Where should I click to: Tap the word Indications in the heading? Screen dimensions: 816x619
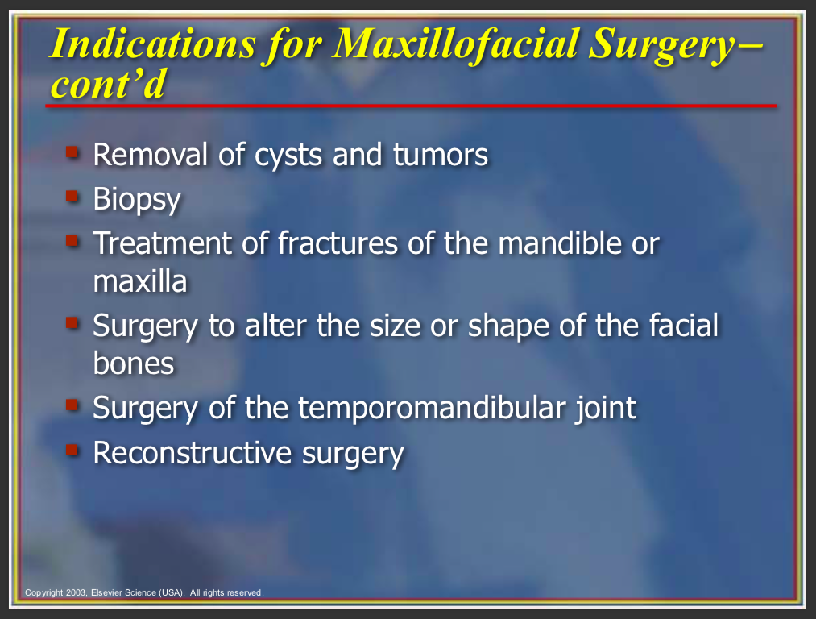coord(153,44)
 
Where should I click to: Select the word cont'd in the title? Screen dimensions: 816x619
coord(108,84)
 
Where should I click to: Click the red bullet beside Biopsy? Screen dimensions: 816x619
coord(72,197)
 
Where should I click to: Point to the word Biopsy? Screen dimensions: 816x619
coord(137,200)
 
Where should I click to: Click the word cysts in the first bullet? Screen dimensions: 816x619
coord(288,155)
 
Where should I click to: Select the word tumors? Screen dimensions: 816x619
coord(441,155)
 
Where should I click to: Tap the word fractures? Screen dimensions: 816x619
coord(338,243)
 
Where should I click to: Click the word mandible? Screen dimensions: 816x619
coord(560,243)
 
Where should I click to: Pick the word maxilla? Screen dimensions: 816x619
coord(140,281)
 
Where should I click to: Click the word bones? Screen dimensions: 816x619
coord(134,363)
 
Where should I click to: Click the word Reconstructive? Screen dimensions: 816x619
coord(192,452)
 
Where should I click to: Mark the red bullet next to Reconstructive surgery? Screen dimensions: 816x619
coord(72,449)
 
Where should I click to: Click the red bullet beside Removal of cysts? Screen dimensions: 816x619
coord(72,152)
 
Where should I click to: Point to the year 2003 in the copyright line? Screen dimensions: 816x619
coord(76,592)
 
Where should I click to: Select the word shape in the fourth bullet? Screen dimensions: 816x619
coord(509,326)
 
